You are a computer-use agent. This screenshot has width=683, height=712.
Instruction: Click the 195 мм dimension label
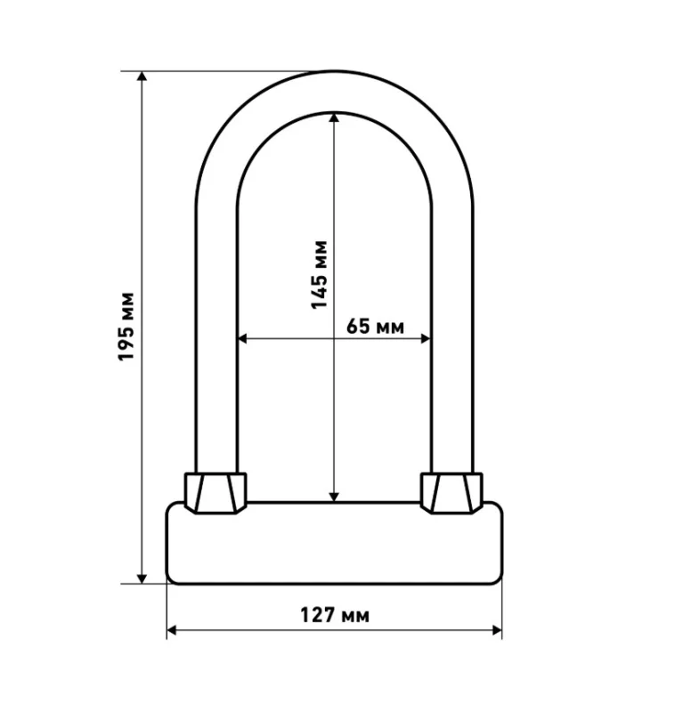click(x=126, y=327)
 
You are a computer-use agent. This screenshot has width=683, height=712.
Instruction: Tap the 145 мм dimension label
click(x=319, y=275)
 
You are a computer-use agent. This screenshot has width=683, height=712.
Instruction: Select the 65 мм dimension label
click(x=375, y=326)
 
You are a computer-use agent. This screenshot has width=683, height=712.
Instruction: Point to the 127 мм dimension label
click(x=335, y=615)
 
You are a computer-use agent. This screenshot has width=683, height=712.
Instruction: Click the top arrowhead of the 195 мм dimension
click(x=142, y=76)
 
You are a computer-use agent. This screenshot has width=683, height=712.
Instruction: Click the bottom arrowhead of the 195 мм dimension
click(x=142, y=578)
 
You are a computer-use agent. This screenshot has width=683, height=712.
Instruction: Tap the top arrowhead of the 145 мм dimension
click(x=334, y=117)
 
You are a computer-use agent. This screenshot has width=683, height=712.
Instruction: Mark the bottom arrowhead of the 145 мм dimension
click(x=334, y=498)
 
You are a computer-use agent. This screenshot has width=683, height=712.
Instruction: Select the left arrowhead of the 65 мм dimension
click(x=242, y=338)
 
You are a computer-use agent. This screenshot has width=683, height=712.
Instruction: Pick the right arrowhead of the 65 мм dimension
click(x=426, y=338)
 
